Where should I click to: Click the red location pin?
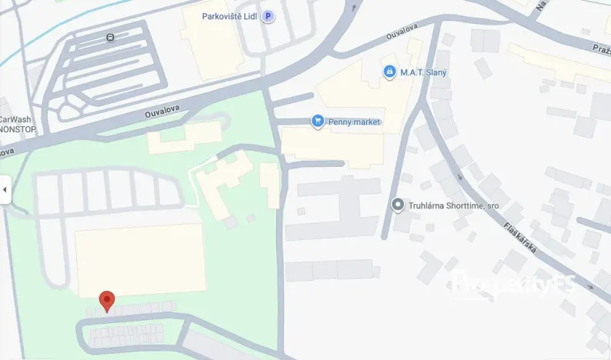point(108,301)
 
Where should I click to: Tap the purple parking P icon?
point(268,15)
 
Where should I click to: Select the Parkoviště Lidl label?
point(229,15)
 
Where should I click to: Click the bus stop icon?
point(112,37)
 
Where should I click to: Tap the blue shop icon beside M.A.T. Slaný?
point(390,72)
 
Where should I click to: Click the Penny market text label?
point(354,122)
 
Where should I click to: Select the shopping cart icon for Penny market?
point(316,121)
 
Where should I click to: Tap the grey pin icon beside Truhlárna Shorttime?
point(398,205)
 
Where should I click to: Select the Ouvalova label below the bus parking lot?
point(162,109)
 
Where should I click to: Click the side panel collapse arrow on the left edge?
point(5,189)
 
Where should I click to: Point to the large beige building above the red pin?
point(140,259)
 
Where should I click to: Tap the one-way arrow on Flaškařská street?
point(461,176)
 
